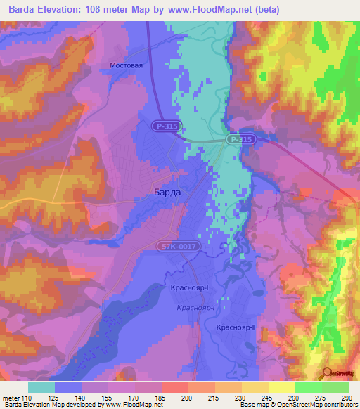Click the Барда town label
tap(167, 192)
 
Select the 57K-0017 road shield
tap(179, 247)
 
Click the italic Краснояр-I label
tap(195, 308)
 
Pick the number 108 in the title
tap(103, 10)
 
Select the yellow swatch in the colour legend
tap(281, 387)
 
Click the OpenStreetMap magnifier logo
tap(328, 372)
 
